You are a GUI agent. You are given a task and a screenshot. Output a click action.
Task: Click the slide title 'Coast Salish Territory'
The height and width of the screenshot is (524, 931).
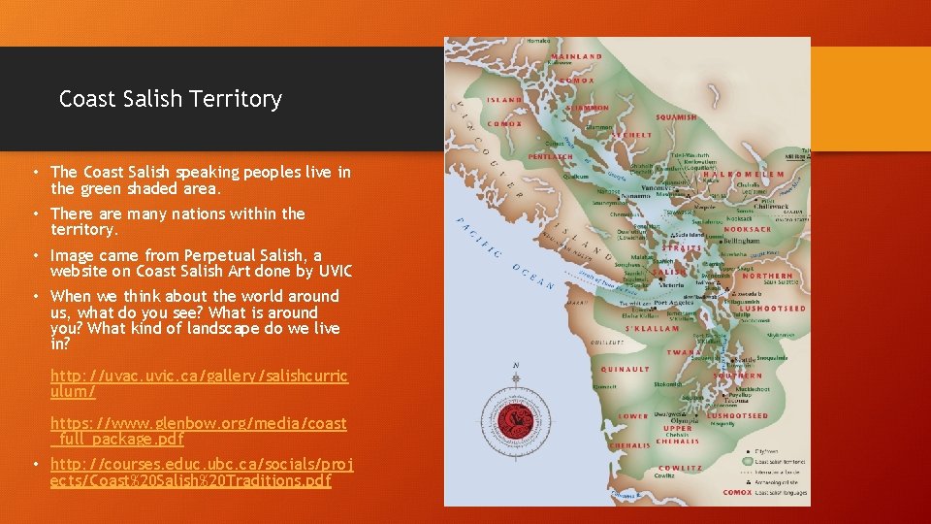click(170, 99)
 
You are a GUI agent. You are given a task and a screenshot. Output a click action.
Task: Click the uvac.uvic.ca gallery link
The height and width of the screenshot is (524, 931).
click(198, 382)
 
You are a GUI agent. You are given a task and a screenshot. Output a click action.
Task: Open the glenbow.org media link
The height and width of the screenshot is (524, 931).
click(198, 431)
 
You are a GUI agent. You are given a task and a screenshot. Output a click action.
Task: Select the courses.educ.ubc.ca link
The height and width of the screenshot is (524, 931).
click(202, 473)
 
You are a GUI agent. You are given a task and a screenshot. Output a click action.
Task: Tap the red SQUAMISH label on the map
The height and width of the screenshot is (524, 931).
click(676, 116)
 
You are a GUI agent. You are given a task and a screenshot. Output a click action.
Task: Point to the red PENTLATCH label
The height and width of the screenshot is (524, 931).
click(550, 156)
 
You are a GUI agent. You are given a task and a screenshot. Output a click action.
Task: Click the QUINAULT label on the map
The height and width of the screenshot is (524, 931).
click(625, 369)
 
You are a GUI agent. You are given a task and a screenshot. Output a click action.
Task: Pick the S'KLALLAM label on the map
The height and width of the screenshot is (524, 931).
click(652, 329)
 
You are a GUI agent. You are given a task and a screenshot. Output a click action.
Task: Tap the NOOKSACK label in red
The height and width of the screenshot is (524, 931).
click(748, 229)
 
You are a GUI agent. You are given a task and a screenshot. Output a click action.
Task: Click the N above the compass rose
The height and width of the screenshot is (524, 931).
click(515, 365)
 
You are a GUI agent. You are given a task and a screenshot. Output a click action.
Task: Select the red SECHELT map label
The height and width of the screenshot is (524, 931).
click(632, 136)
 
